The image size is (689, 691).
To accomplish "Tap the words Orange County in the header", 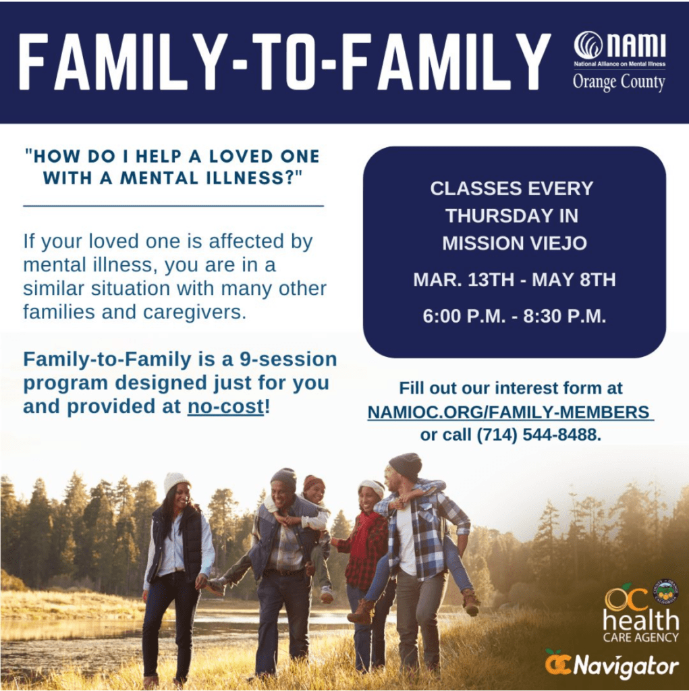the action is [x=619, y=82].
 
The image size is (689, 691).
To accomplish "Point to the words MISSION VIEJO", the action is [x=514, y=243].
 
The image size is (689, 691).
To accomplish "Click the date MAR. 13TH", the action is [x=458, y=280].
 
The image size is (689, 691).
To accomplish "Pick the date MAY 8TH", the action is [x=574, y=280].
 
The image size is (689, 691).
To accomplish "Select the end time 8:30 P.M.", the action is [x=565, y=316].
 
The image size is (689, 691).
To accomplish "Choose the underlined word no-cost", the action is [x=225, y=406].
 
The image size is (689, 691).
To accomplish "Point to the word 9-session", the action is [x=288, y=359].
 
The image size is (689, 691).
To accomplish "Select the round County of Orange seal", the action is [x=665, y=592].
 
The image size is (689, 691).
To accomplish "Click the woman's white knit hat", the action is [x=176, y=482].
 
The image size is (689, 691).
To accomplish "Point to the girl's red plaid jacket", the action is [x=363, y=549].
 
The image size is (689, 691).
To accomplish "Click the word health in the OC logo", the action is [x=640, y=620].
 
